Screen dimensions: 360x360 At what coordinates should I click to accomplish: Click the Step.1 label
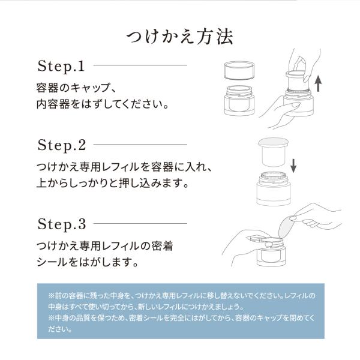tap(62, 65)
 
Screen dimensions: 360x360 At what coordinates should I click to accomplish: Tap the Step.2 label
tap(62, 145)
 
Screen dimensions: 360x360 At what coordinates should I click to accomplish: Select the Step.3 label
tap(62, 226)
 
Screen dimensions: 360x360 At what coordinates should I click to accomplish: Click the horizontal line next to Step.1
tap(140, 65)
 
